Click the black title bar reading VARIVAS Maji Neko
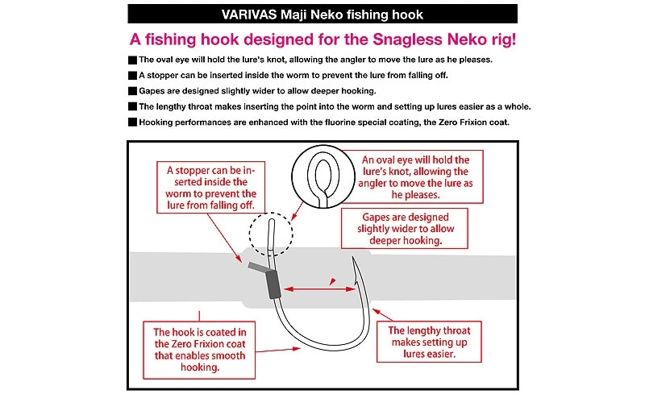322,15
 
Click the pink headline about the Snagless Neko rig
322,39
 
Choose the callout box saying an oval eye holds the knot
414,177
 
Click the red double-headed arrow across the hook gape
315,284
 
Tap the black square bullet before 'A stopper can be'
133,76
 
